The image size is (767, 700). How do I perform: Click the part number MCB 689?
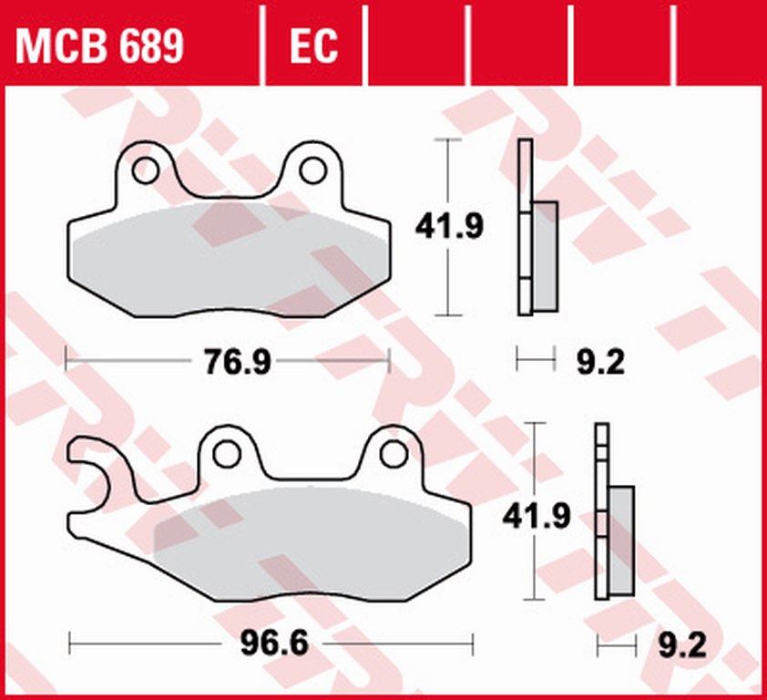pos(99,44)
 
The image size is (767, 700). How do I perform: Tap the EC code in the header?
pos(312,44)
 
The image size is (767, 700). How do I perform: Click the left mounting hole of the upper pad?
pos(144,170)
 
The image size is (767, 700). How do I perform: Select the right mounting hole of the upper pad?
pos(312,170)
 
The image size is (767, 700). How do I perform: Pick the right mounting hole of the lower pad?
pos(393,453)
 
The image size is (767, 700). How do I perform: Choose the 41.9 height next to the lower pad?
pos(537,517)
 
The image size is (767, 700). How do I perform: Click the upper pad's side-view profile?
pos(525,228)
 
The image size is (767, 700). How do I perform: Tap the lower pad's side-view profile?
pos(601,510)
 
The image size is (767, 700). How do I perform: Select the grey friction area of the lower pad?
pos(310,547)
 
